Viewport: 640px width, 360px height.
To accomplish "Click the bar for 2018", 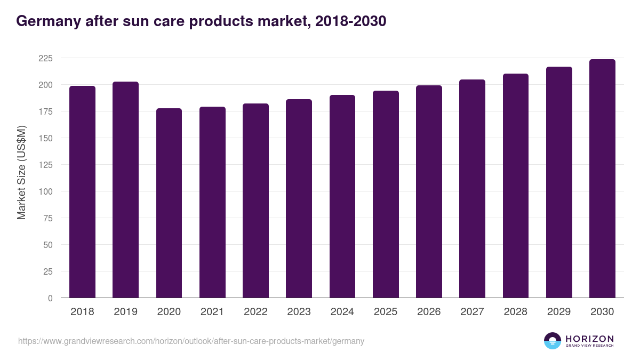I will point(82,192).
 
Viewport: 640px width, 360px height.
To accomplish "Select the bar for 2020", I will point(169,203).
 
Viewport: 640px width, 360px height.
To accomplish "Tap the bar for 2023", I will point(299,198).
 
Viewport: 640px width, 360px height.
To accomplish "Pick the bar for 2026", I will point(429,191).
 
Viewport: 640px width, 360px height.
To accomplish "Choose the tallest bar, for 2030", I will point(602,179).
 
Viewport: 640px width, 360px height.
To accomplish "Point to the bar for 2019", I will point(125,190).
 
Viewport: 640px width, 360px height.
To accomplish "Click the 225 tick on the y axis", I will point(45,58).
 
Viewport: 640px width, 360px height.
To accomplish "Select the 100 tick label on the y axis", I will point(45,191).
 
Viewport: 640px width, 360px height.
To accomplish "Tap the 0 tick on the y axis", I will point(50,298).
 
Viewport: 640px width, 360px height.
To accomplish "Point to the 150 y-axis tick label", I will point(45,138).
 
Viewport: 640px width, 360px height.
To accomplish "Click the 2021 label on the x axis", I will point(212,312).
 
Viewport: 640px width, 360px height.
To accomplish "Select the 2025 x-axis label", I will point(386,312).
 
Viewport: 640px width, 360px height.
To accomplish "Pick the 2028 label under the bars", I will point(516,312).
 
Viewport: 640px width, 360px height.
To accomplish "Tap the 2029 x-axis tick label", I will point(559,312).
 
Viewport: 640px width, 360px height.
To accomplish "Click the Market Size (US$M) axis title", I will point(21,172).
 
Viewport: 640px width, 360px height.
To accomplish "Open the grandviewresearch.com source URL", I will point(191,341).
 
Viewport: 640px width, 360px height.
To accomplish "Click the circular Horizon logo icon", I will point(553,341).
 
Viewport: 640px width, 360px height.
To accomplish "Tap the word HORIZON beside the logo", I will point(589,338).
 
